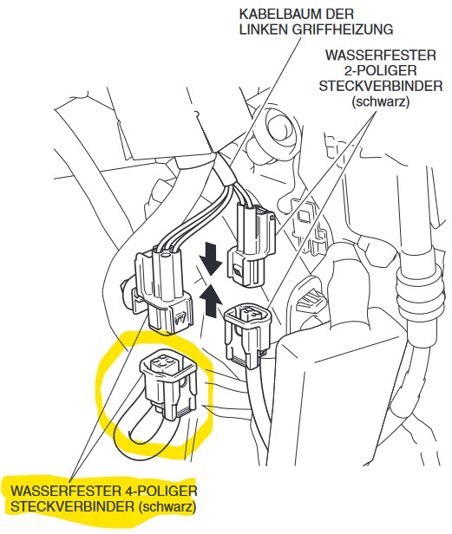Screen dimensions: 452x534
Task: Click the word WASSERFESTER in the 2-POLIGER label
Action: click(x=380, y=55)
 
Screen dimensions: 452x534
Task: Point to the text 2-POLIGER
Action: click(x=380, y=70)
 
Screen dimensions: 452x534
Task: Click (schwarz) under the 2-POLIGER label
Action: click(x=380, y=101)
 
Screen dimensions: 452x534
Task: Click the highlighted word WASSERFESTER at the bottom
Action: click(x=64, y=491)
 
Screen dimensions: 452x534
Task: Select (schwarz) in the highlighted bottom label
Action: click(x=167, y=506)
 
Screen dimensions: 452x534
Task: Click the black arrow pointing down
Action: click(x=211, y=259)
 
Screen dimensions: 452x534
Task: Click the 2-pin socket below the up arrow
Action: click(x=246, y=336)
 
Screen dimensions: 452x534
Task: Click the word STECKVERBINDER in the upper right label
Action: click(x=380, y=86)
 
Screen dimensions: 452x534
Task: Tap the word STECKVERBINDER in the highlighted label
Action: click(x=73, y=506)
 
